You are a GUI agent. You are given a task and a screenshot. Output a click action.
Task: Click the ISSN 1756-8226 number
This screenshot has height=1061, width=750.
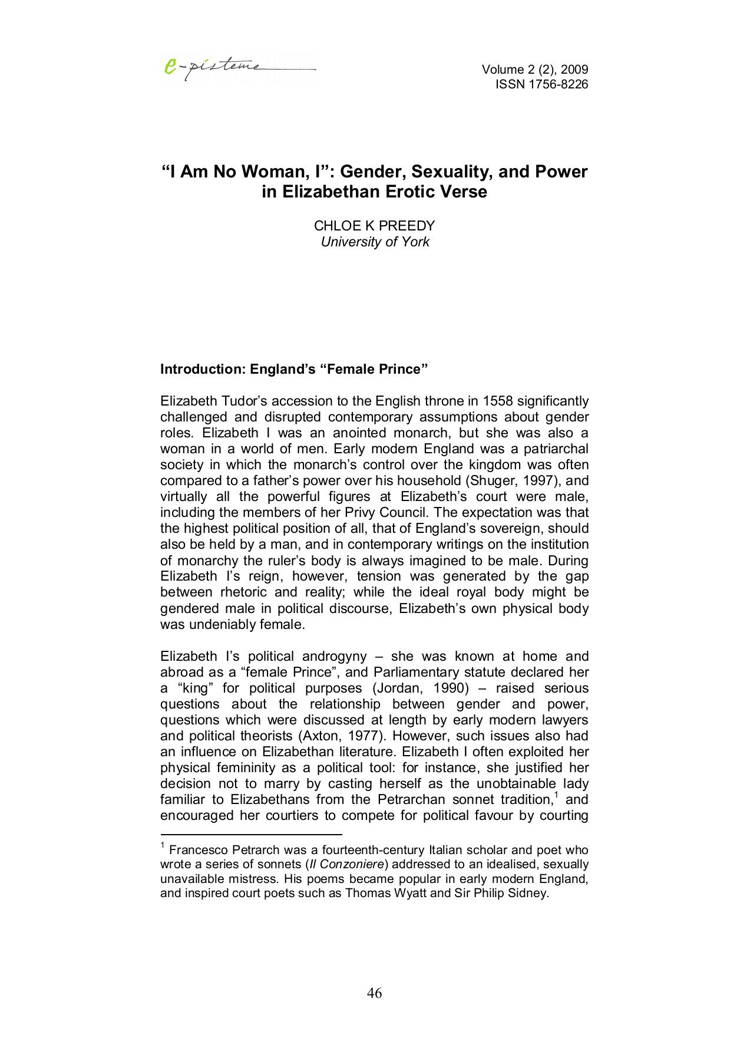541,84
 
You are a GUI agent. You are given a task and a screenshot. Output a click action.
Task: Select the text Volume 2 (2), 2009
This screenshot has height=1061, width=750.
534,70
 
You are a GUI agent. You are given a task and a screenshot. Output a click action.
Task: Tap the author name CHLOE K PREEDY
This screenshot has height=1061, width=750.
374,226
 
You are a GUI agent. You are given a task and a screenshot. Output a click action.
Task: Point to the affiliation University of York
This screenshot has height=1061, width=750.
375,242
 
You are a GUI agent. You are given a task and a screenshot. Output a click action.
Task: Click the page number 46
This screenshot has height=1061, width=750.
374,993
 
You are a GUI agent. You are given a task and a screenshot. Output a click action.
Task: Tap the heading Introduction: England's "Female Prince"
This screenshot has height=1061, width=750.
293,369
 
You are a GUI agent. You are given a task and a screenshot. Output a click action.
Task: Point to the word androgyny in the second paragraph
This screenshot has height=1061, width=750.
334,656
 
